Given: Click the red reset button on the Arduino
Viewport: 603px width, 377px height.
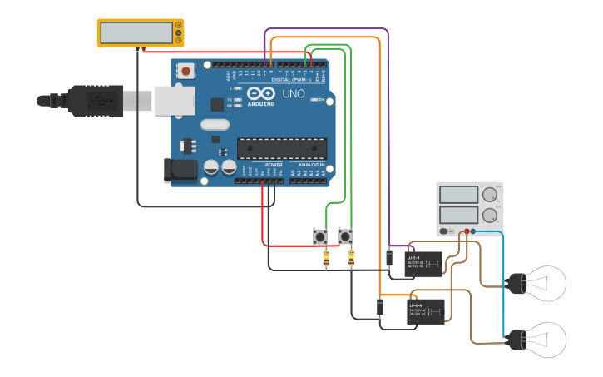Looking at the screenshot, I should coord(185,72).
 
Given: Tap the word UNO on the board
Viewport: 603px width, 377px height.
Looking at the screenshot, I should coord(294,94).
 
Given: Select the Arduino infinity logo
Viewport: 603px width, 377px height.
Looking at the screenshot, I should coord(260,93).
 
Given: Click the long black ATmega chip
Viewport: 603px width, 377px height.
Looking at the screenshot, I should coord(281,148).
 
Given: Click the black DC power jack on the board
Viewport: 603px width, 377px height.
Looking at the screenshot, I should coord(180,171).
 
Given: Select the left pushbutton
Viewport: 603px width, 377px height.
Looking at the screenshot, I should coord(319,236).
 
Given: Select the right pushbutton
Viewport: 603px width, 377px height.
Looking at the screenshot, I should coord(345,236).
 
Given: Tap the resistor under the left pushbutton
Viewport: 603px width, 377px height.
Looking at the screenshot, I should coord(325,259).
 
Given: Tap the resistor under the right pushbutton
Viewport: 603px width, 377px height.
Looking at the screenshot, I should coord(351,259).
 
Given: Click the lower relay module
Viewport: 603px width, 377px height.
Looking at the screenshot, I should coord(425,311).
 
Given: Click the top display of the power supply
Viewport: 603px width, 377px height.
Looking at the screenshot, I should coord(458,196).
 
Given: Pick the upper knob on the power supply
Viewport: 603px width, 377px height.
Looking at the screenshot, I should coord(490,196).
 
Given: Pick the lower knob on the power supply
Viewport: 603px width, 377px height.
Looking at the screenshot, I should coord(490,216).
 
